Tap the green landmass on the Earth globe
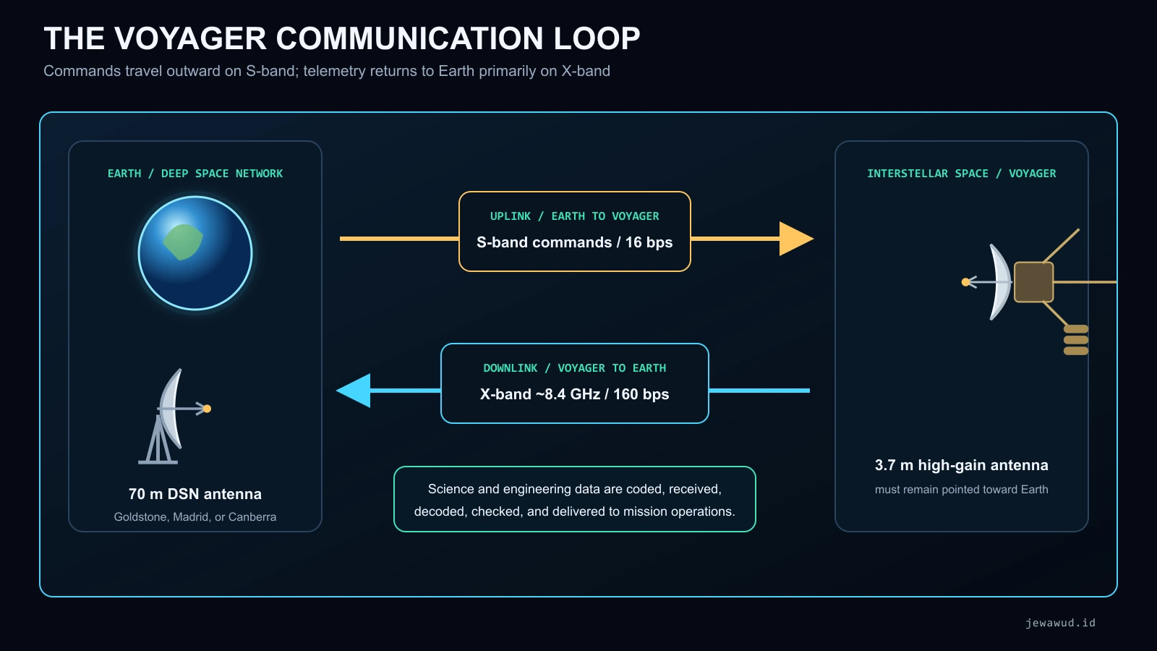[183, 242]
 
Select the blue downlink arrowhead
[354, 391]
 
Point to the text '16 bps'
[649, 242]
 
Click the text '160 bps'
[641, 394]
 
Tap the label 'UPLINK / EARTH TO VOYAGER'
[574, 216]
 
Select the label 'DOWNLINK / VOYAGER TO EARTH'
[574, 368]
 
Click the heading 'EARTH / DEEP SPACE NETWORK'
[195, 174]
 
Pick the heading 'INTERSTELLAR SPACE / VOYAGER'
[961, 174]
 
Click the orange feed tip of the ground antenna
[207, 409]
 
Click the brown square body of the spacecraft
[1033, 282]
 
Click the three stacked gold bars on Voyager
[1076, 340]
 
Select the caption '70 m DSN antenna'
[195, 494]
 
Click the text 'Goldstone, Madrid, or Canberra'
[195, 516]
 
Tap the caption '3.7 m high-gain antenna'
[961, 465]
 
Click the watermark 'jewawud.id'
[1060, 623]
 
